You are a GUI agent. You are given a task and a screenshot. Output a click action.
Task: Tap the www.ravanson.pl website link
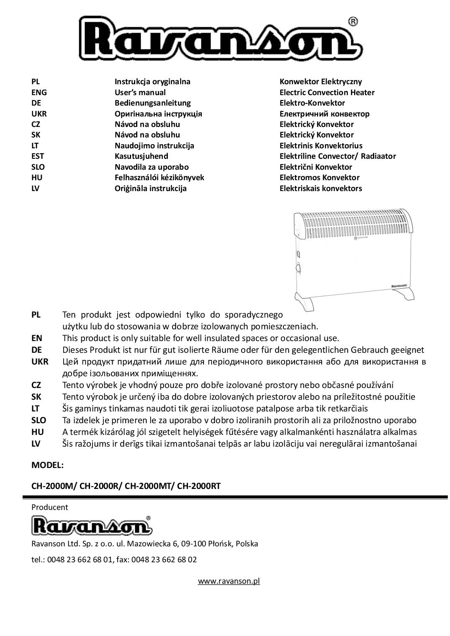tap(229, 581)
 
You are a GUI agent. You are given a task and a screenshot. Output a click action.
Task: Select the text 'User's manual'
tap(140, 93)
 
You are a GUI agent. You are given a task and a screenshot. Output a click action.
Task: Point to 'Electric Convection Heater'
tap(327, 93)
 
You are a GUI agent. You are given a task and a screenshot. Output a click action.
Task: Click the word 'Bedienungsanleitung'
tap(152, 103)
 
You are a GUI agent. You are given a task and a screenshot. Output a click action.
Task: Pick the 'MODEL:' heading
tap(47, 465)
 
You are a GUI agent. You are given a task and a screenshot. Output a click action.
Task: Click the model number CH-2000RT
tap(199, 486)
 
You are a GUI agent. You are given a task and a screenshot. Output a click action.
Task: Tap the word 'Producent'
tap(49, 507)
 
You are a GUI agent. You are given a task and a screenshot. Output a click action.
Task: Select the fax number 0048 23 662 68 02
tap(164, 560)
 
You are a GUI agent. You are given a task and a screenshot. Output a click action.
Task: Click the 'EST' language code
tap(38, 156)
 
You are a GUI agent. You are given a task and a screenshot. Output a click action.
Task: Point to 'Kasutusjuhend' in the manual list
tap(141, 156)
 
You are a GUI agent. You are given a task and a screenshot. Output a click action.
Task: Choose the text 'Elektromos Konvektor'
tap(319, 178)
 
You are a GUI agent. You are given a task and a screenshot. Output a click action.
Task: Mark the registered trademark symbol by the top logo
tap(353, 21)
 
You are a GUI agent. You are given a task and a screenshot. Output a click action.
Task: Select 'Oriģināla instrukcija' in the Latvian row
tap(151, 189)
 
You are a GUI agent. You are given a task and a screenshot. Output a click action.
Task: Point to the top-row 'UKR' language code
tap(39, 114)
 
